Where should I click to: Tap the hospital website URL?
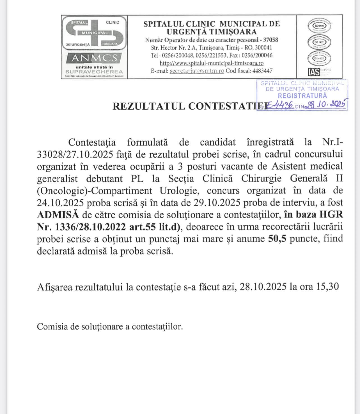[x=211, y=63]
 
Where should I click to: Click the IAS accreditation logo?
[x=314, y=72]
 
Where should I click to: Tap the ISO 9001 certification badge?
[x=319, y=26]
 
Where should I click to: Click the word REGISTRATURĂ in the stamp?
[x=302, y=95]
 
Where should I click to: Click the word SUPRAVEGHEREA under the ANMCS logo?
[x=94, y=72]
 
